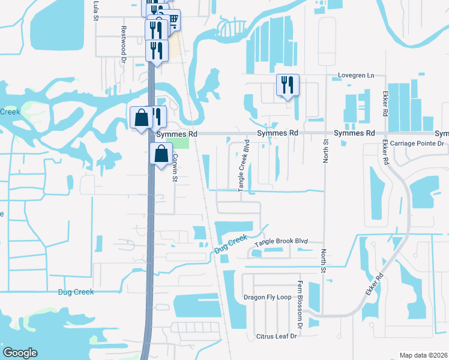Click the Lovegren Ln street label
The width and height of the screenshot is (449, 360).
pos(355,76)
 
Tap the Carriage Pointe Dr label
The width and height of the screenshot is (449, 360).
pos(416,144)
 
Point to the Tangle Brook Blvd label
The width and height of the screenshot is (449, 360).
pos(281,242)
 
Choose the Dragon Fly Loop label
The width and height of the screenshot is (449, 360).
pos(267,297)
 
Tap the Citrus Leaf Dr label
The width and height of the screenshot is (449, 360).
pos(277,337)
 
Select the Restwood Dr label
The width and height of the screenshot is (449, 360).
pos(123,37)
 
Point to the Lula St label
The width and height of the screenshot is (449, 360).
pos(95,10)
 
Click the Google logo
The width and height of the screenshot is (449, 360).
pos(20,353)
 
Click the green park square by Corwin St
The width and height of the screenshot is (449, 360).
pos(178,143)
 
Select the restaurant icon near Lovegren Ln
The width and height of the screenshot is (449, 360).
pos(288,85)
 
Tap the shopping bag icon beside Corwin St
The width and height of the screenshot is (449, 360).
pos(161,154)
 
